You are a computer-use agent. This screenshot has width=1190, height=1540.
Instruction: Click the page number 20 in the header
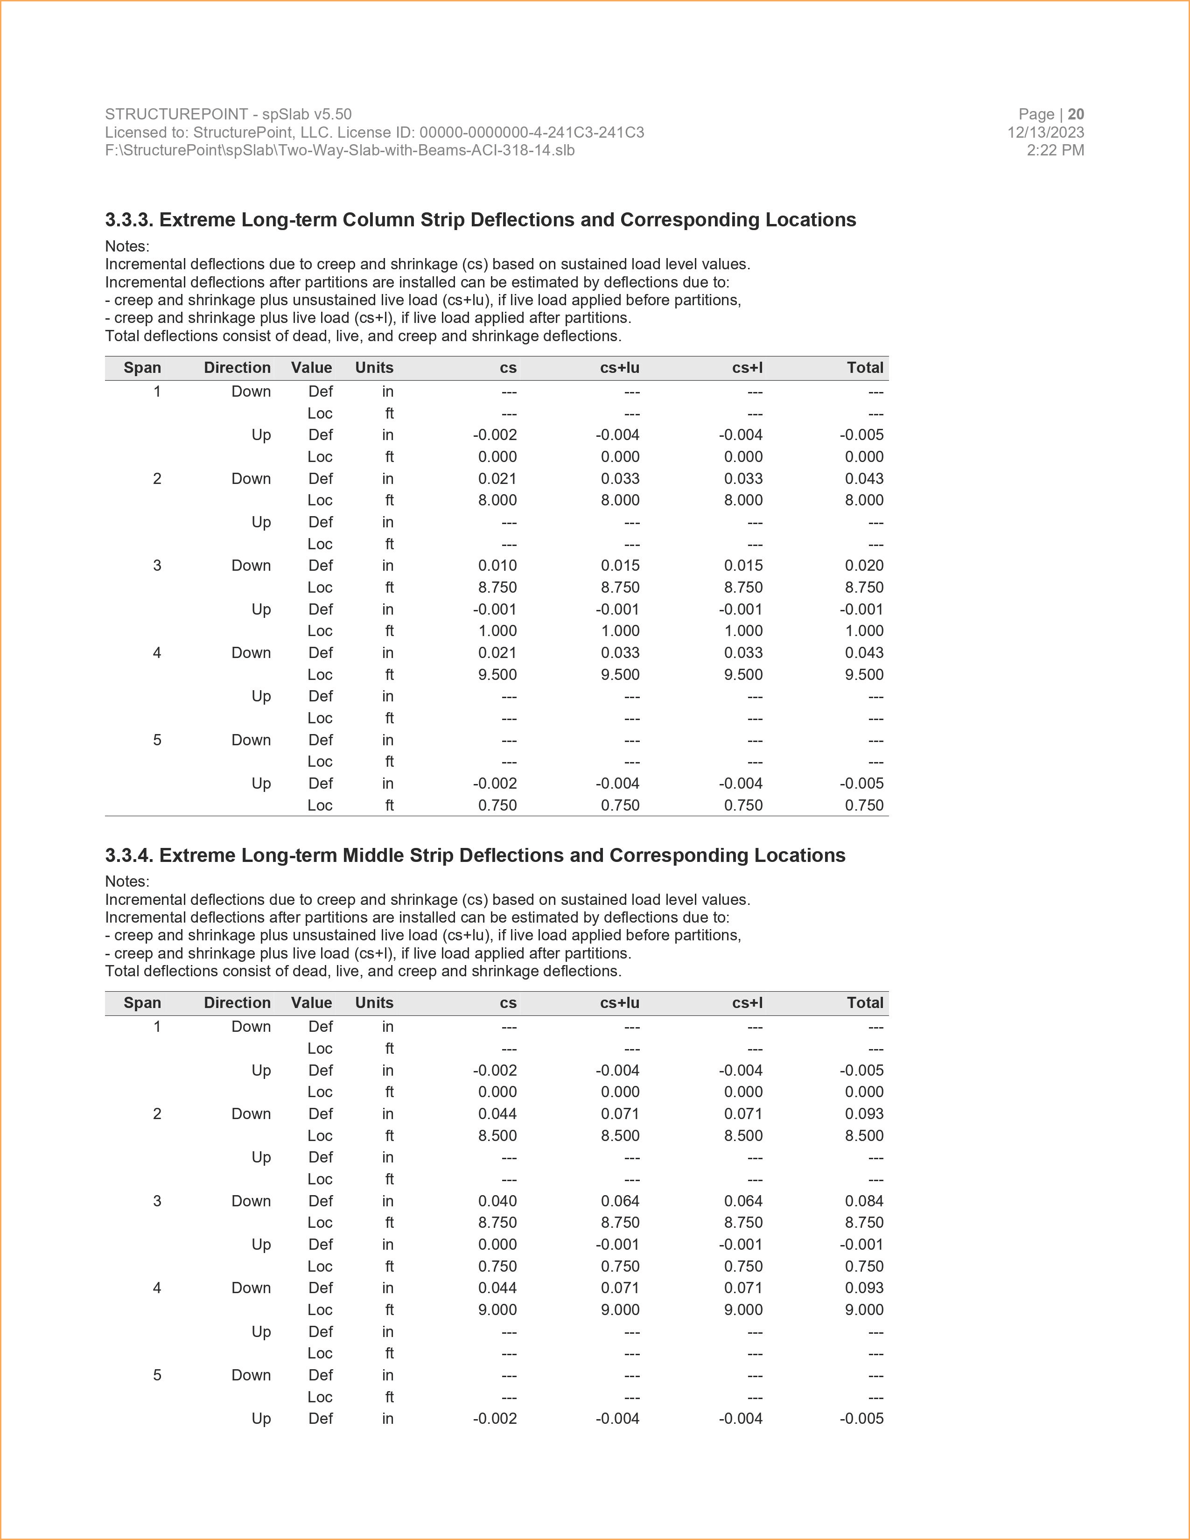click(x=1076, y=114)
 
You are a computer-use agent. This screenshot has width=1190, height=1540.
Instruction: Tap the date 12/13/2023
click(x=1045, y=133)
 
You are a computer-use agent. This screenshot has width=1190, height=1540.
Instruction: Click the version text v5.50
click(x=333, y=114)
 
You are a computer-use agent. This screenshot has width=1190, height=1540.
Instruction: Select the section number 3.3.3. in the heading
click(x=129, y=220)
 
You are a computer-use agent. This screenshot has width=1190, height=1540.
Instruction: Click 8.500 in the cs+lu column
click(x=620, y=1135)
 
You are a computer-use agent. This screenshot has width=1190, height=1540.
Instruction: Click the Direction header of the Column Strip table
click(x=237, y=367)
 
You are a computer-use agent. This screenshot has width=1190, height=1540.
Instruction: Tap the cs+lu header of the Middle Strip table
click(x=620, y=1003)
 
